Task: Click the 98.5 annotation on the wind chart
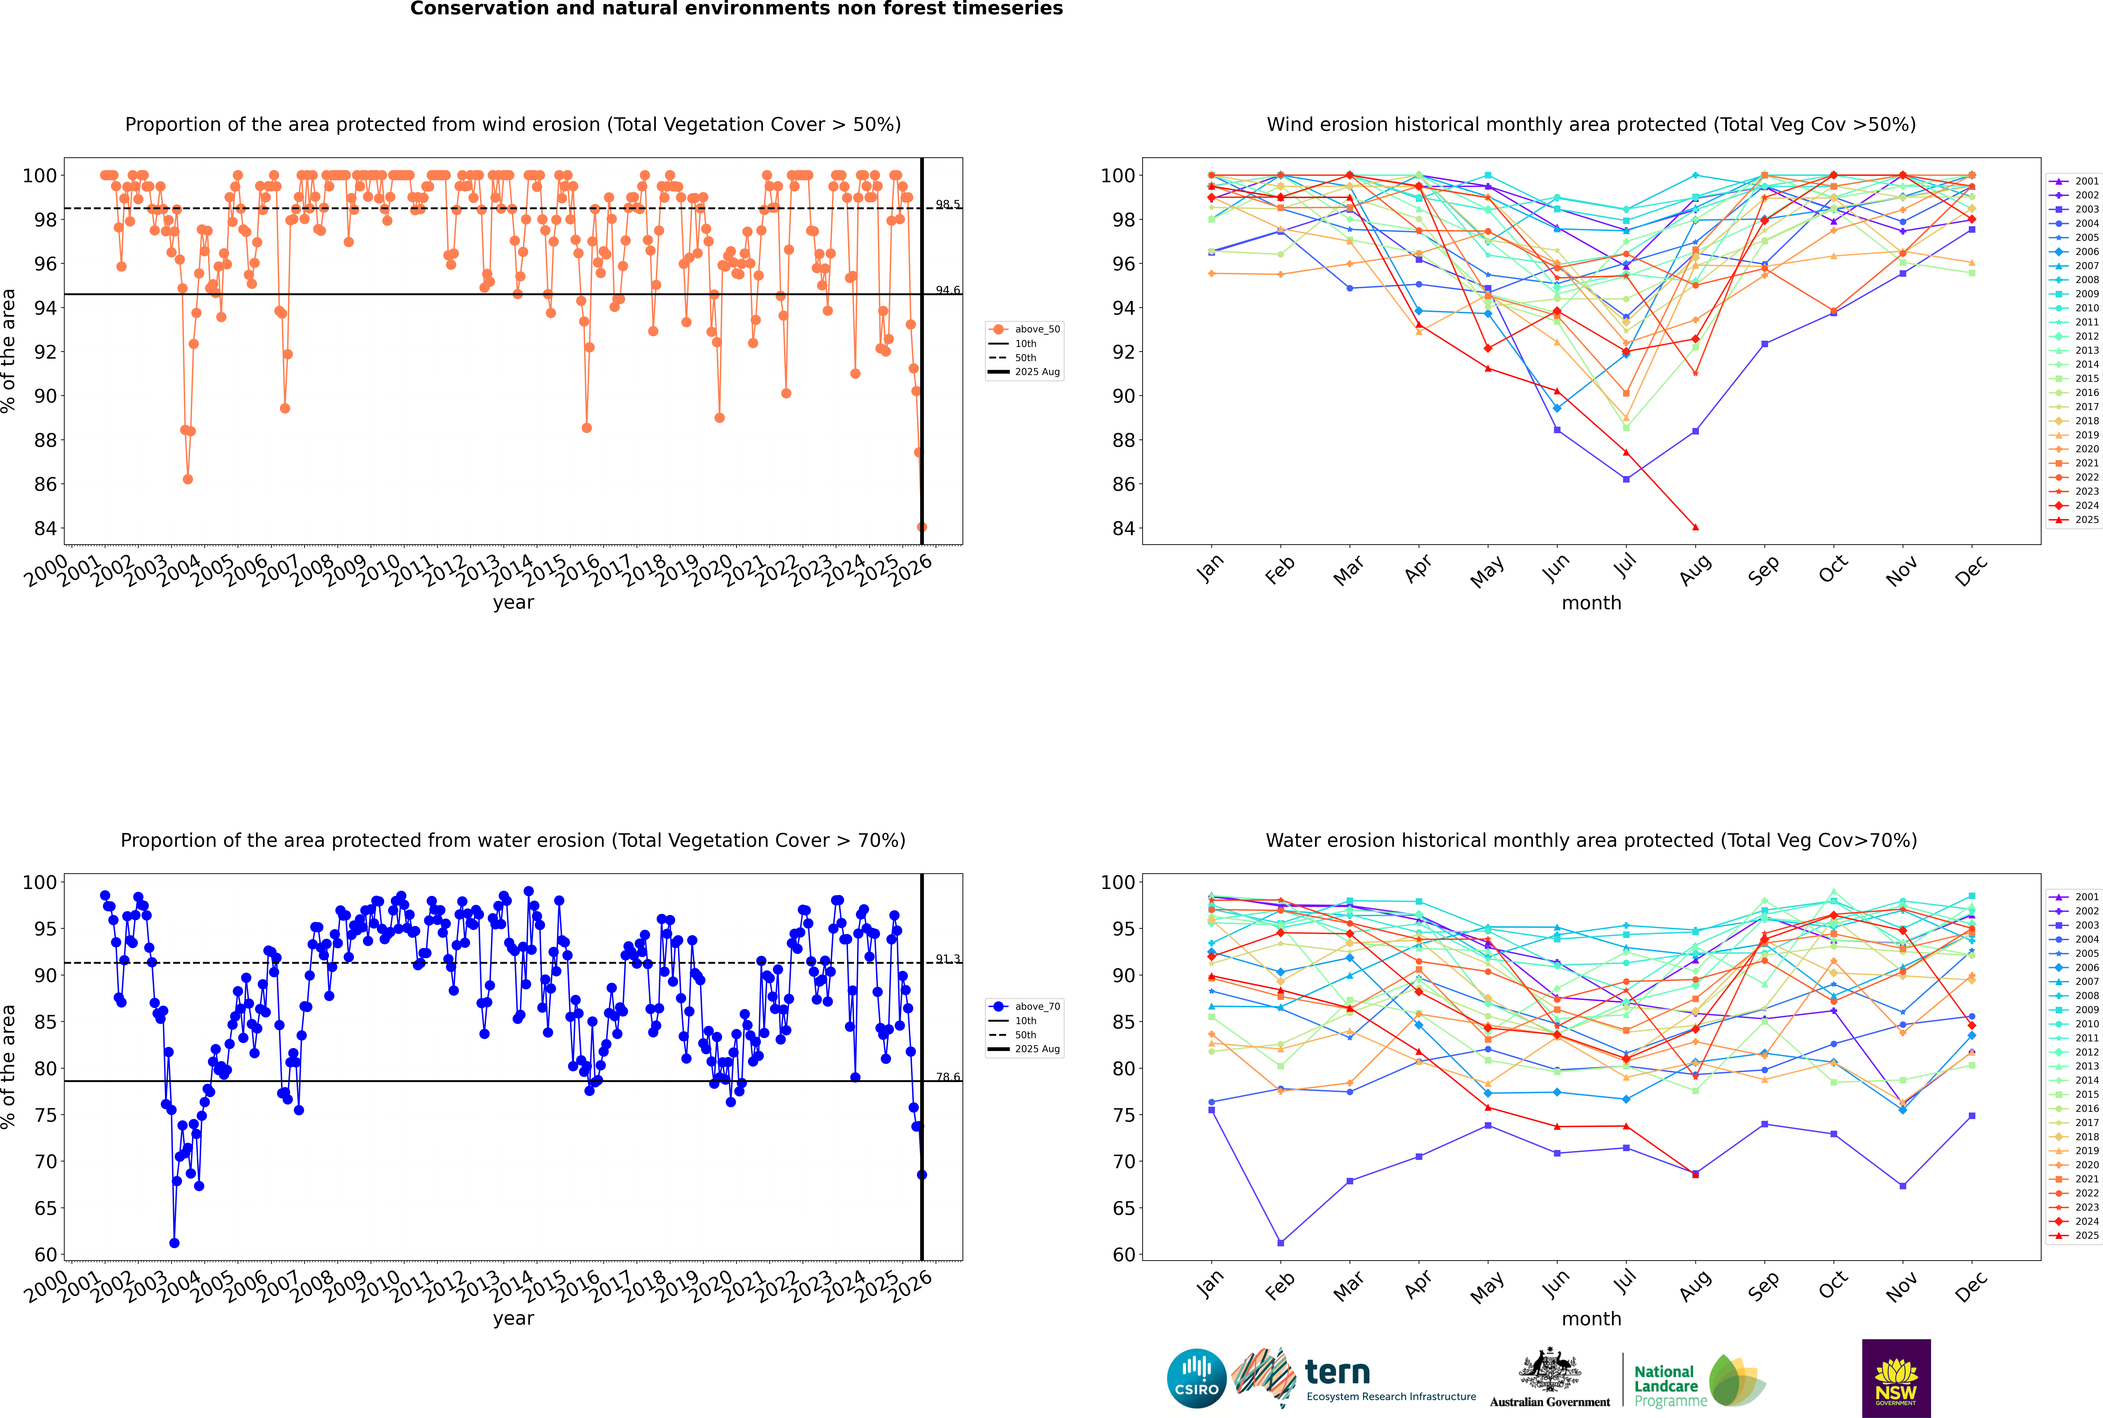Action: (x=948, y=204)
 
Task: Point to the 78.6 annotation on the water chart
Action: (x=948, y=1077)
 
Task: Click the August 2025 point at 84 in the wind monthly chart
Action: (x=1695, y=527)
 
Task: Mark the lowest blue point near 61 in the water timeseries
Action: (x=175, y=1243)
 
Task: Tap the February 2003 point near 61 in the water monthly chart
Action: (x=1280, y=1243)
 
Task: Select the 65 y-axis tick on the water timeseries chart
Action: (x=45, y=1208)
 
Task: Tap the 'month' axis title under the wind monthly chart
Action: (x=1591, y=603)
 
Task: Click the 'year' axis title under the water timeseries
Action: (x=514, y=1319)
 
